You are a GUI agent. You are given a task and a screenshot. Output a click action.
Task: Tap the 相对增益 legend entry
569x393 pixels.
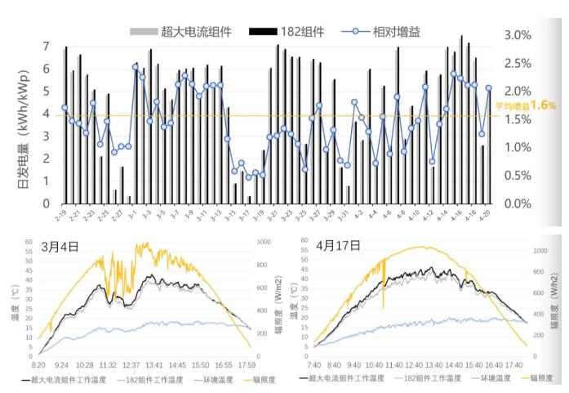[x=400, y=32]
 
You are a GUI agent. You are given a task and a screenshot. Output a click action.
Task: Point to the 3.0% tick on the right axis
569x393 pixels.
[x=518, y=35]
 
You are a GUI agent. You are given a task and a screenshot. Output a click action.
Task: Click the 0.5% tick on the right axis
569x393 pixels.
[x=518, y=176]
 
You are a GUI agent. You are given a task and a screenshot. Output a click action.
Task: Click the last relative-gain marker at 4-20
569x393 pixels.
[x=489, y=88]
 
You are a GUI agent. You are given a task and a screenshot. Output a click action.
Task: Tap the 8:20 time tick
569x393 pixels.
[x=39, y=365]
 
